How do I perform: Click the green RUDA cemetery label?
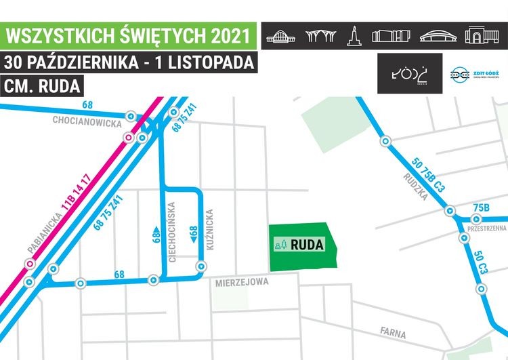click(x=307, y=245)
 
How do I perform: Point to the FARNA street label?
click(x=393, y=334)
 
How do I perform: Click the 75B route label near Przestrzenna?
click(x=482, y=207)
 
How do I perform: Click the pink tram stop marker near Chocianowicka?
click(x=128, y=138)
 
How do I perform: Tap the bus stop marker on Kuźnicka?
click(x=200, y=265)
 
